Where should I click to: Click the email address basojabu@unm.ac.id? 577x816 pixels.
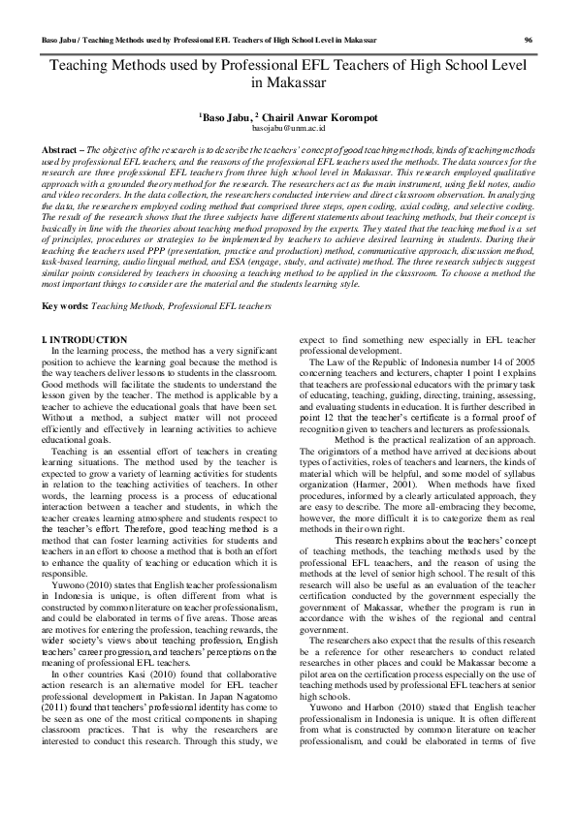click(x=288, y=127)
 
